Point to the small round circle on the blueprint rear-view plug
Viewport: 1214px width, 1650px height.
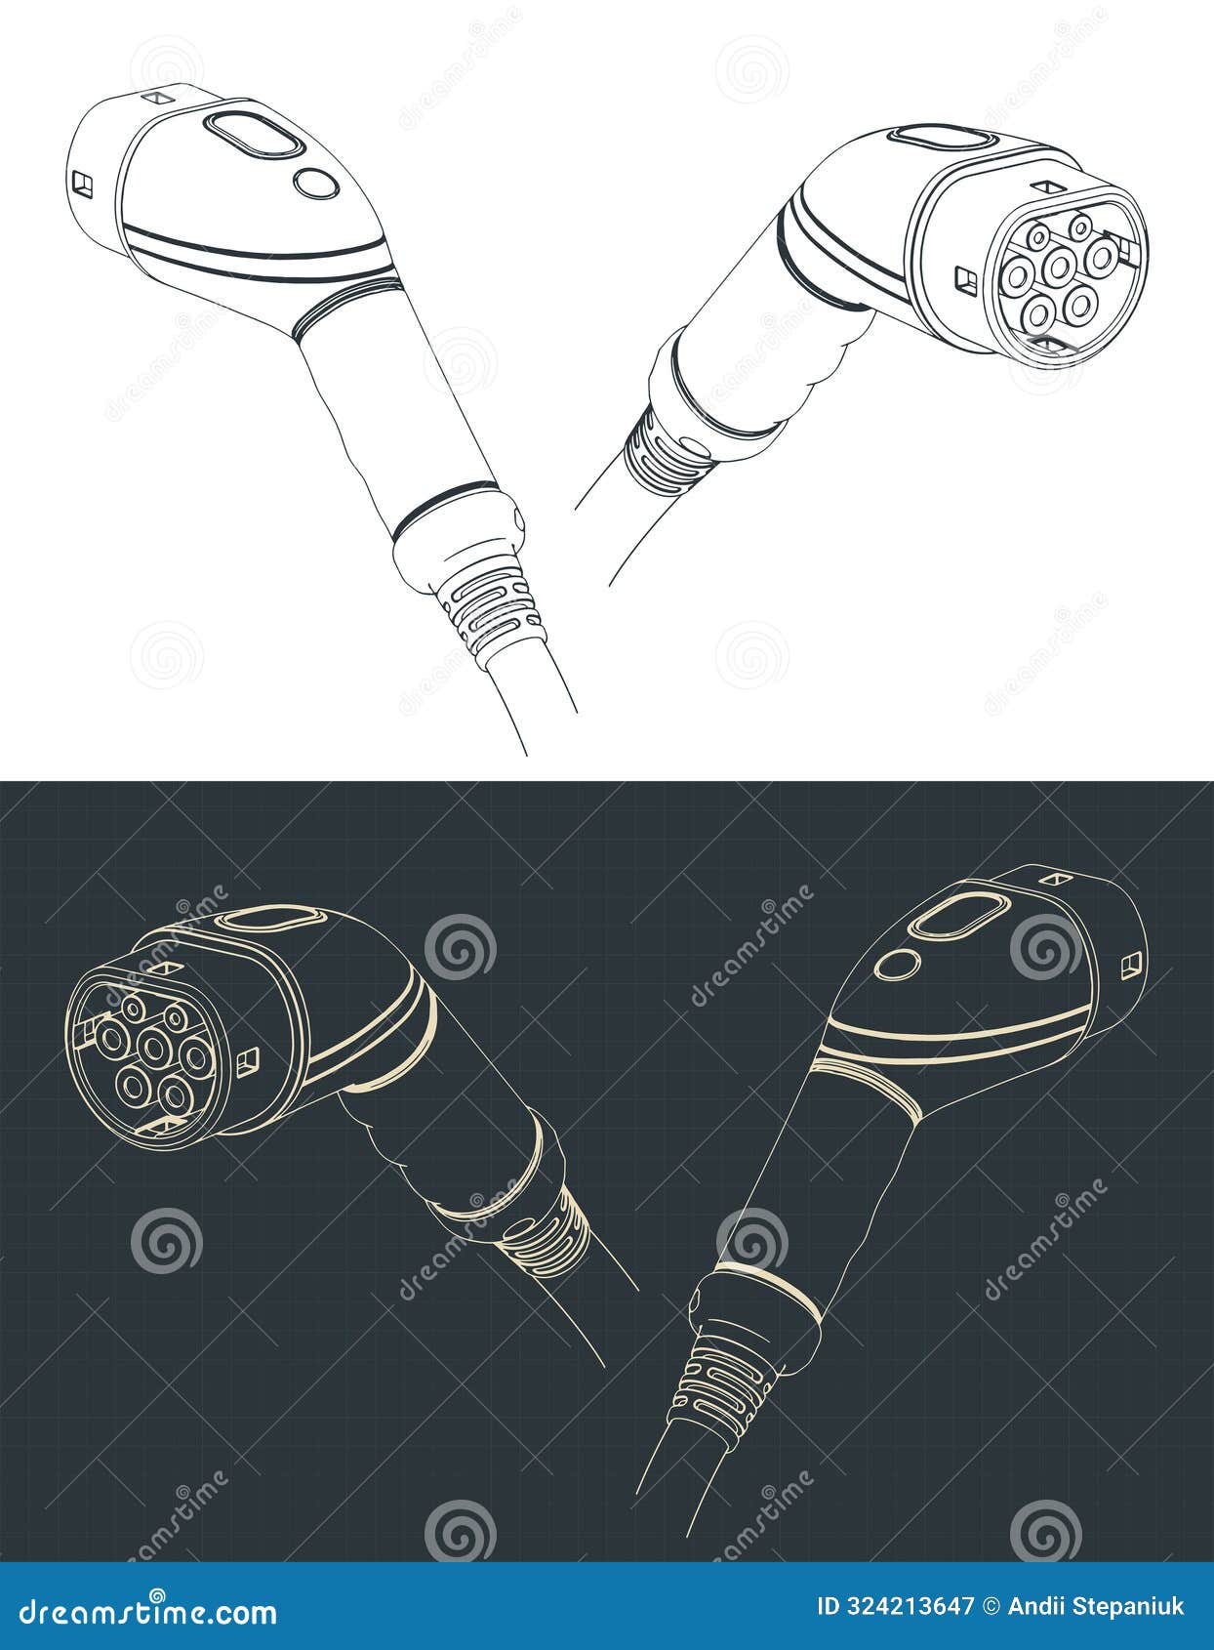[897, 965]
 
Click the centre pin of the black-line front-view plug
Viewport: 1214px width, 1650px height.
[1058, 265]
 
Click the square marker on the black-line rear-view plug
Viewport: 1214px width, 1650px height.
[82, 182]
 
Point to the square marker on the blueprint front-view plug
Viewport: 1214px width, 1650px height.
[247, 1058]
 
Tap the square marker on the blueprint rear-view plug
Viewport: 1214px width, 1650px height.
[1131, 964]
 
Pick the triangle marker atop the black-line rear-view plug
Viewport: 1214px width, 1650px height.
[156, 98]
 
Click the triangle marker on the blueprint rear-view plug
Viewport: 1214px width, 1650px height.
[1052, 879]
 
